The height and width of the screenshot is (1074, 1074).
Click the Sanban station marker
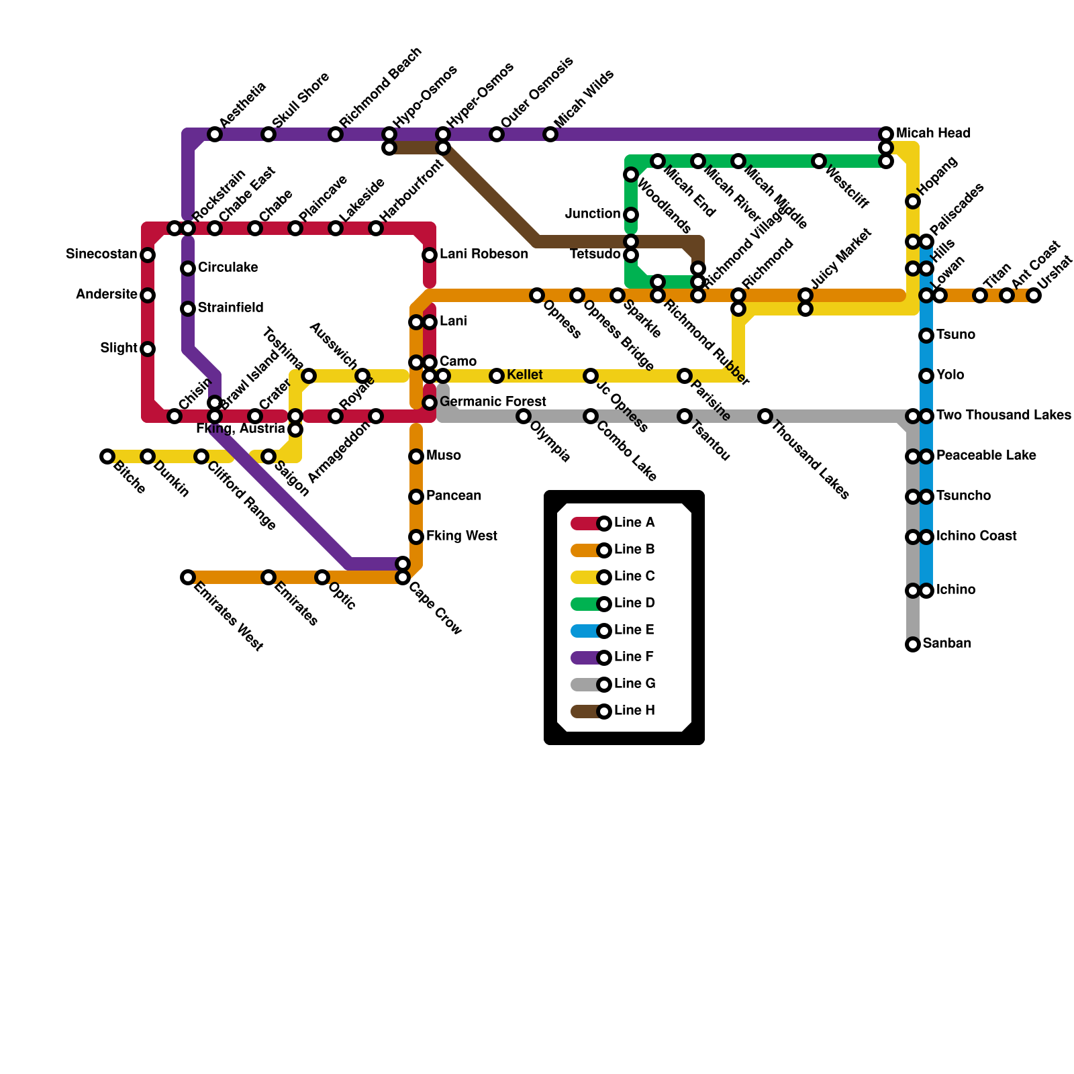click(913, 644)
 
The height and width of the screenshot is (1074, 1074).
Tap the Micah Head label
click(933, 134)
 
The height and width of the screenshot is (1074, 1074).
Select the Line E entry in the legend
click(634, 630)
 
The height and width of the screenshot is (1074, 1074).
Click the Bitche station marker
click(107, 456)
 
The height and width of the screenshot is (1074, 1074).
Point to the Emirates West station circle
click(188, 577)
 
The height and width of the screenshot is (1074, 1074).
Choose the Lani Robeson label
click(483, 254)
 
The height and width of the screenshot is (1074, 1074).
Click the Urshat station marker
click(1034, 295)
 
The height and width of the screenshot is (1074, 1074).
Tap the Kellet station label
click(525, 375)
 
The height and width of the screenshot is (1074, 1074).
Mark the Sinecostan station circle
click(148, 255)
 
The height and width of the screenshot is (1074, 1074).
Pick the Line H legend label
click(634, 711)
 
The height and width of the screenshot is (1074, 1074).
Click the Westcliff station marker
click(819, 161)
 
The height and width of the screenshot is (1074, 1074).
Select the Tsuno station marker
click(926, 336)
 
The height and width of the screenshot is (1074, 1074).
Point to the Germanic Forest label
click(493, 402)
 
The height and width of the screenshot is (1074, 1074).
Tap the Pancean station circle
click(416, 497)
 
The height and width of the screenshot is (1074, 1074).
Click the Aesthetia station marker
click(215, 134)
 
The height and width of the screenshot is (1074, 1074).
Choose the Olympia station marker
click(524, 416)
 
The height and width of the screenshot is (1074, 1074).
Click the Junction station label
click(593, 214)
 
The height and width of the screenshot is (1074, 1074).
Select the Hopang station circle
click(913, 201)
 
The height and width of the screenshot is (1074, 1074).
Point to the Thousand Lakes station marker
click(765, 416)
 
